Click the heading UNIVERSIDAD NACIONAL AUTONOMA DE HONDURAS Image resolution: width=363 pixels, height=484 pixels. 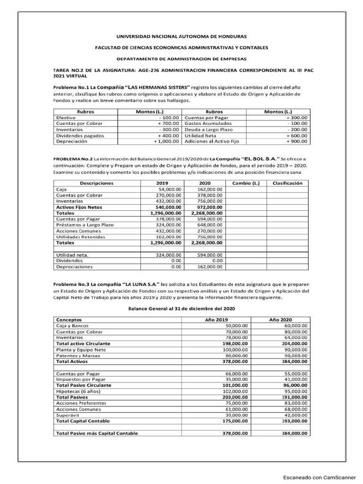[181, 36]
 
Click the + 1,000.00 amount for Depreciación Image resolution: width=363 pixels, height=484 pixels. [166, 141]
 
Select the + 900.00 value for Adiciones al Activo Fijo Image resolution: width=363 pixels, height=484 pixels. [296, 141]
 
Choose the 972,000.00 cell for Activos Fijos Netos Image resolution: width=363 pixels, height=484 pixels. [207, 207]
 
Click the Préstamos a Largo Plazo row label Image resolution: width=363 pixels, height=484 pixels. [85, 225]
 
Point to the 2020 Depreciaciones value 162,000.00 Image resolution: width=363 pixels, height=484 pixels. [207, 267]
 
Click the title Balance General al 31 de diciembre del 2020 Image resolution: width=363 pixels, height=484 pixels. [182, 308]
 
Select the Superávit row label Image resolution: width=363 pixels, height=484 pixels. [68, 415]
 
